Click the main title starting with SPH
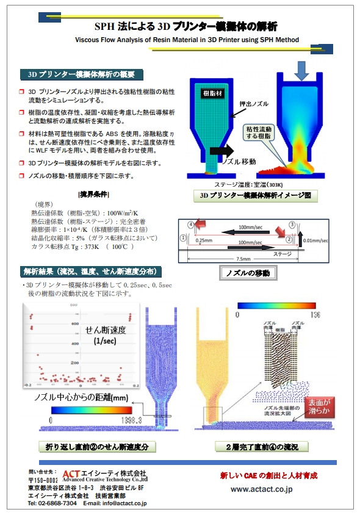[185, 26]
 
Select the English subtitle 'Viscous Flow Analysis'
[187, 40]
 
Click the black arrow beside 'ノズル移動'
[219, 151]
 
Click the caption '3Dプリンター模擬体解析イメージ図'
[256, 196]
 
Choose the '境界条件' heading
[93, 194]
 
